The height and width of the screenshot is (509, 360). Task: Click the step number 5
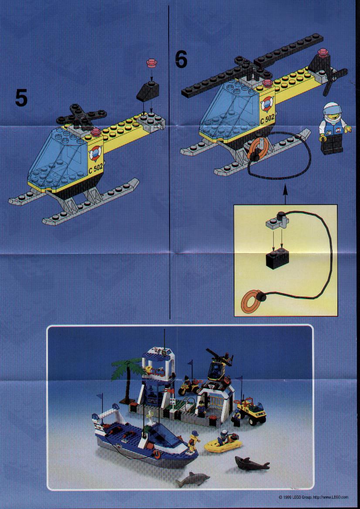21,98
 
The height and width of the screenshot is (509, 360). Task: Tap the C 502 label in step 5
95,169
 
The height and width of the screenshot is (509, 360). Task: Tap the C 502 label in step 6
267,119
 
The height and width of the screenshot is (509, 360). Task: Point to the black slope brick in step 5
148,91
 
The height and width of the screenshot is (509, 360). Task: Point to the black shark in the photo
252,463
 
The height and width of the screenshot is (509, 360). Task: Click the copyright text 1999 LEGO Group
295,497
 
